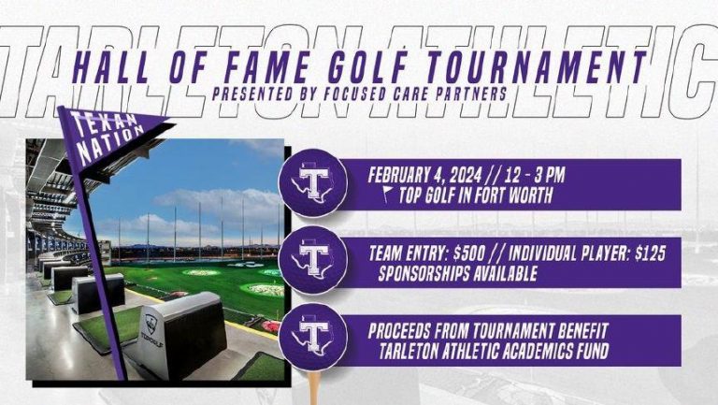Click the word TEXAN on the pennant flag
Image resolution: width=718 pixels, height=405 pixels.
(x=104, y=124)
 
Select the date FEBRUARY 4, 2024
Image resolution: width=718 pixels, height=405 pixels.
(x=424, y=175)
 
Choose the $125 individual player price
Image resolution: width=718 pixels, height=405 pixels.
(x=651, y=253)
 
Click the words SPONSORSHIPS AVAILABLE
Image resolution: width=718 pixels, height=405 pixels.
(x=457, y=273)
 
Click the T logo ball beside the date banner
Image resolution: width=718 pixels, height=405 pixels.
(x=313, y=182)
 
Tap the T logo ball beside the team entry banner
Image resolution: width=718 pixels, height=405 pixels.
(x=313, y=260)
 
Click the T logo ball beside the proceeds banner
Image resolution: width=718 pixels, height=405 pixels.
(x=313, y=337)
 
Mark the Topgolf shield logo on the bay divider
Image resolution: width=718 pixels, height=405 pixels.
(x=151, y=325)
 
